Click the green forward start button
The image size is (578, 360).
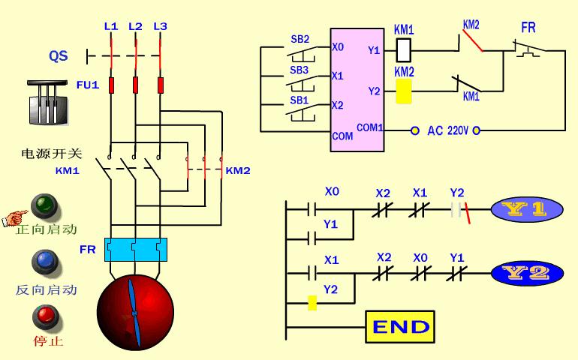pos(44,204)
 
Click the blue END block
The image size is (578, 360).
pos(400,327)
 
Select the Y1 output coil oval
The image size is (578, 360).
pos(528,210)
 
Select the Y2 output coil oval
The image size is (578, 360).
pos(528,273)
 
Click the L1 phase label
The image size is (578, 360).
pos(111,26)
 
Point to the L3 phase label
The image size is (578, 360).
pos(160,26)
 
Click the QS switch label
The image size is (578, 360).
pos(59,56)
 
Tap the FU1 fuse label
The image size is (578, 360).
pos(87,85)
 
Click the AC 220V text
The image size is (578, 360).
pos(447,130)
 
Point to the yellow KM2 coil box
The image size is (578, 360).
pos(403,91)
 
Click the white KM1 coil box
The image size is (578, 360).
pos(403,49)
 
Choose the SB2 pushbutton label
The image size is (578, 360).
pos(300,39)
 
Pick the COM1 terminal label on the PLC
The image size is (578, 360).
pos(369,127)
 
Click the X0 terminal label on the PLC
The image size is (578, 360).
pos(338,46)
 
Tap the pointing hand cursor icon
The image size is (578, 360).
pos(13,218)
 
